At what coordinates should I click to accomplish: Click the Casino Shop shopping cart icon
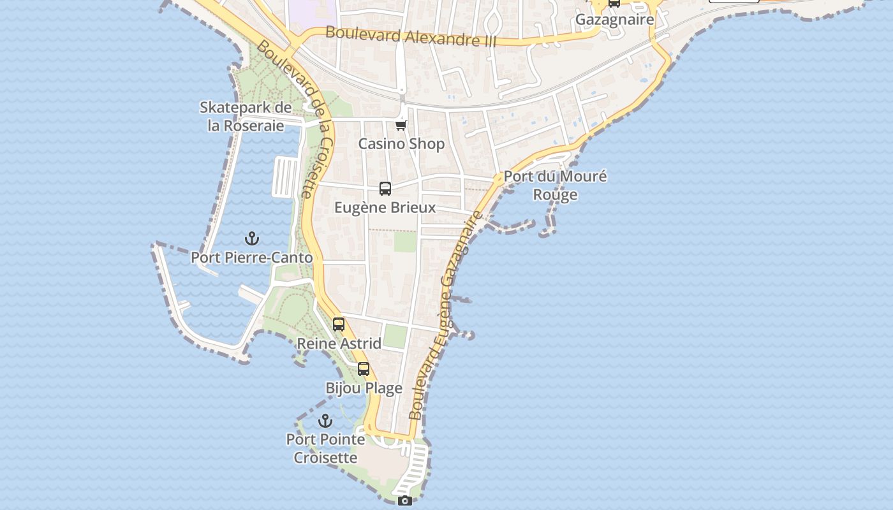(401, 125)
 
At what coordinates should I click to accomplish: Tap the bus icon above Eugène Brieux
(385, 188)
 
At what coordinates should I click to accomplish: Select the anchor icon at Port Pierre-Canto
(252, 239)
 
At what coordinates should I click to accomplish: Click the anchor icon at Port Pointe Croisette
(325, 421)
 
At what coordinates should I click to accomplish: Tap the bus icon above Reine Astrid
(339, 324)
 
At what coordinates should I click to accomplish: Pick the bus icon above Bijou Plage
(364, 368)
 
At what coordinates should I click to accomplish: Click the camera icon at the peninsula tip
(404, 501)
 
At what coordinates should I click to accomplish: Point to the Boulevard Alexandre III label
(411, 36)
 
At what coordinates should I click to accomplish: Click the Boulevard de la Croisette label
(296, 118)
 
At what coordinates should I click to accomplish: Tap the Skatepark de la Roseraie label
(246, 116)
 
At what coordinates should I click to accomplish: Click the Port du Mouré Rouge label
(555, 185)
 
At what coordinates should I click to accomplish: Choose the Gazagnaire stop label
(614, 20)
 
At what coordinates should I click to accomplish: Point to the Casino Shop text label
(401, 143)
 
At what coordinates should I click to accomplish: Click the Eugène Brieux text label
(385, 207)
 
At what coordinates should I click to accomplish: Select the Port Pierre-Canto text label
(252, 258)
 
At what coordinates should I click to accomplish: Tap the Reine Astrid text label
(339, 344)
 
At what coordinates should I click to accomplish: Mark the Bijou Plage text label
(364, 388)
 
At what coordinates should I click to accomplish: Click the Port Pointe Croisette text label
(325, 448)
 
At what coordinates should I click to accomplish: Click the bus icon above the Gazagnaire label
(614, 3)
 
